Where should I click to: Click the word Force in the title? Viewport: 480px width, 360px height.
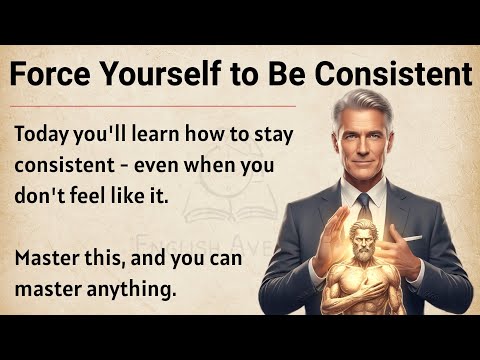point(46,74)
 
